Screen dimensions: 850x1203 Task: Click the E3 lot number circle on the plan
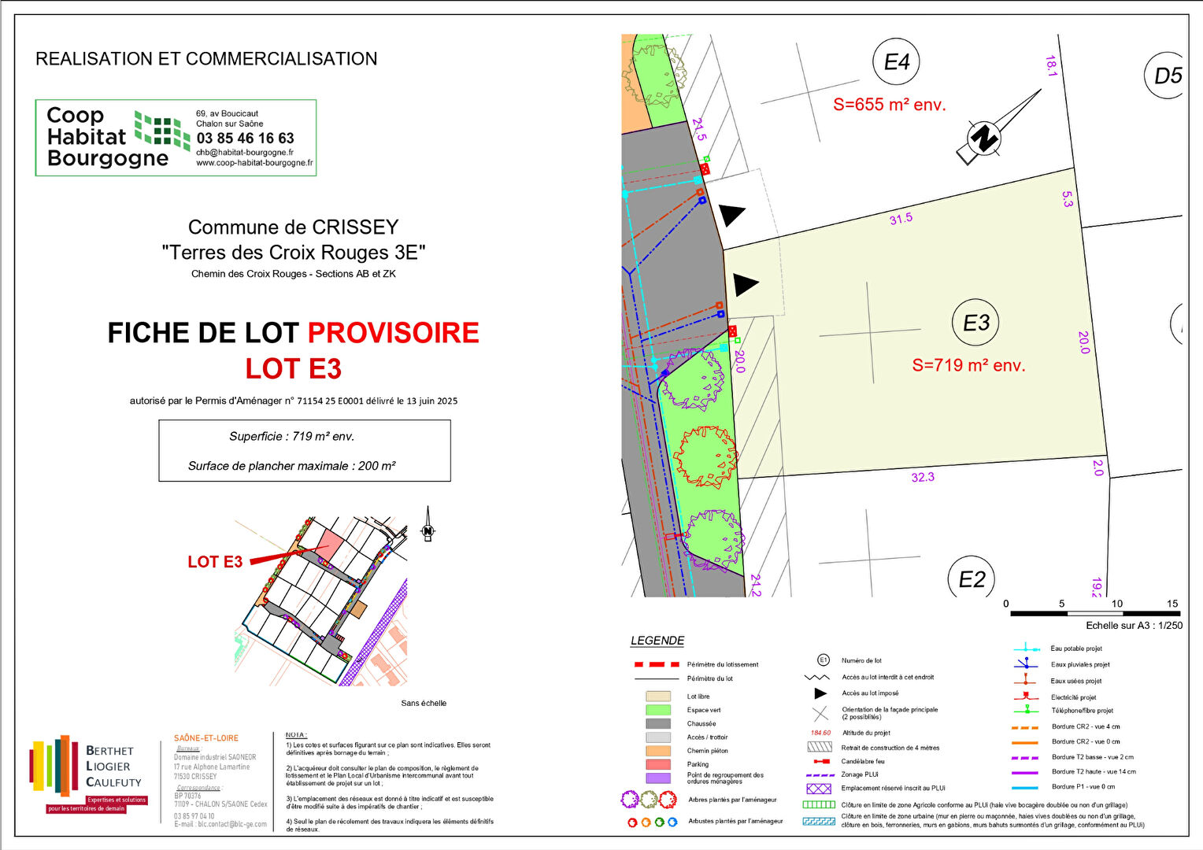pos(976,323)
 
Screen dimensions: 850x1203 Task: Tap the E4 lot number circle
pos(897,62)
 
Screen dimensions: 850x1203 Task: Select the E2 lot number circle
pos(972,579)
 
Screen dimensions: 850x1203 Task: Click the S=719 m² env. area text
pos(968,365)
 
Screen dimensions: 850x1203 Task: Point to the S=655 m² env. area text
pos(889,105)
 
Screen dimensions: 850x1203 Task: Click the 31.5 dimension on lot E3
pos(901,219)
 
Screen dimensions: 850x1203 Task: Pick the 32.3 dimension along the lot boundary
pos(923,477)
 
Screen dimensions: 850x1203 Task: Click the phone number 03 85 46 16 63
pos(245,138)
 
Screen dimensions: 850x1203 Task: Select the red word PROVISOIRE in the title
pos(393,333)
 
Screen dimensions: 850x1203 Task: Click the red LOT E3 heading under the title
pos(293,368)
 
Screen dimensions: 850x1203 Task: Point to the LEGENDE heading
pos(657,641)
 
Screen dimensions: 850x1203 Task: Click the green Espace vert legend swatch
pos(658,710)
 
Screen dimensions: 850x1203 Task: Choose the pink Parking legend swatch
pos(658,764)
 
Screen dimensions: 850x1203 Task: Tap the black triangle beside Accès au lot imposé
pos(820,693)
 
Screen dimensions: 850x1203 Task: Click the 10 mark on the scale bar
pos(1116,604)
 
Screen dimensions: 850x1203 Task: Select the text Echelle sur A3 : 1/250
pos(1134,626)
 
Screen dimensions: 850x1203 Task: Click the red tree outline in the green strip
pos(705,456)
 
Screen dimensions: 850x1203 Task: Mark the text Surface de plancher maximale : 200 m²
pos(291,466)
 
